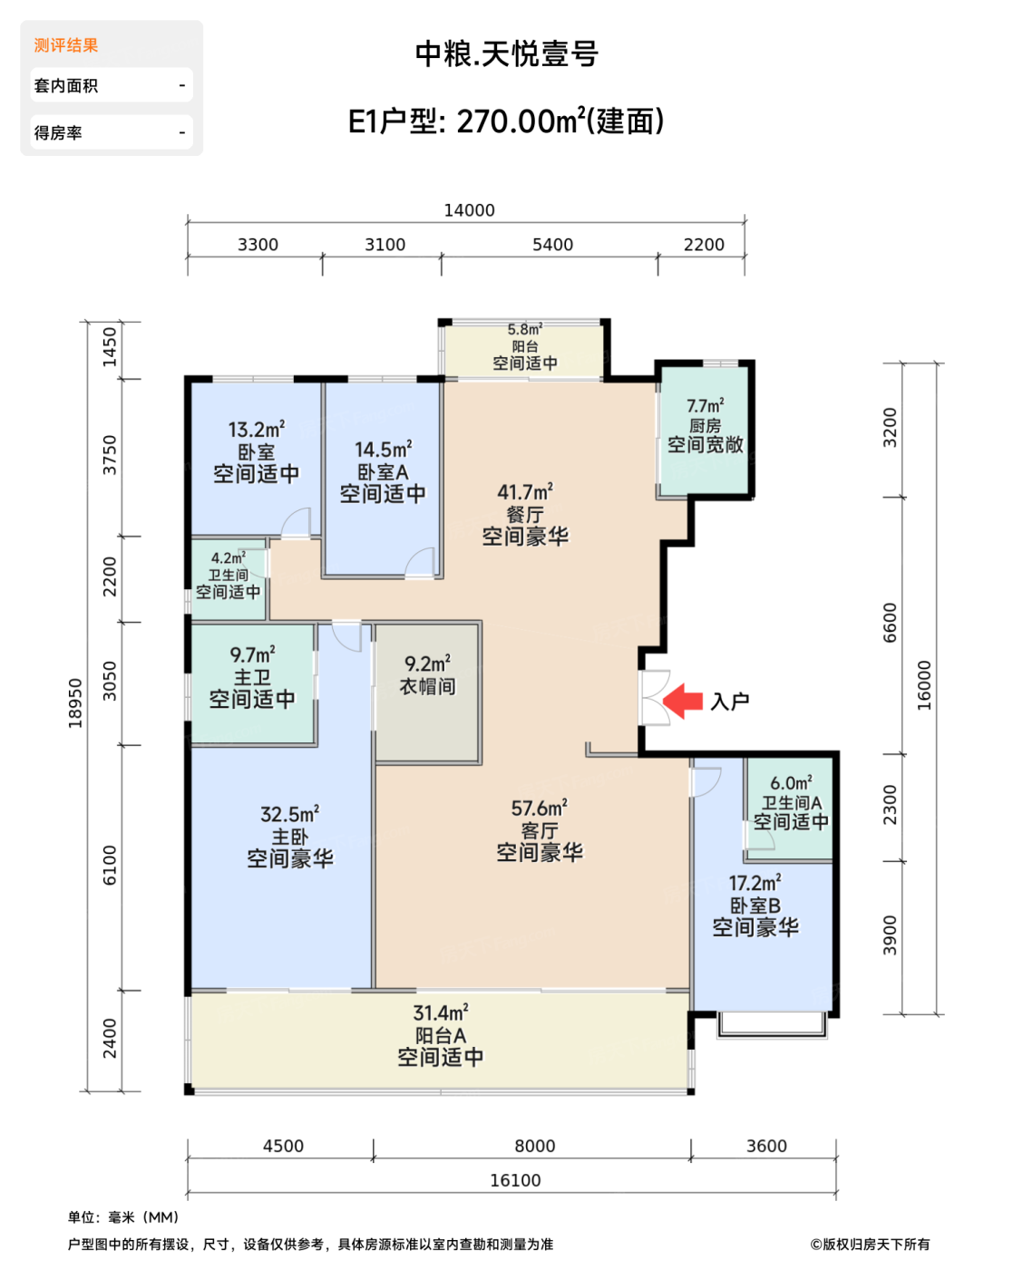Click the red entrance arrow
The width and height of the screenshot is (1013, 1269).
point(682,701)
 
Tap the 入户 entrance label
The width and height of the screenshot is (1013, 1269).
point(730,702)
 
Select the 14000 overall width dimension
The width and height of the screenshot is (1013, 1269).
point(469,210)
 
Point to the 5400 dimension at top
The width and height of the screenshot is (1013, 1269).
point(552,244)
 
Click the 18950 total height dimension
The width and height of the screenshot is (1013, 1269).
point(75,702)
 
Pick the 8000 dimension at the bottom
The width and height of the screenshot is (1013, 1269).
point(534,1145)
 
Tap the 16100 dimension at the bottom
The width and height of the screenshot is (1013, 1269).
point(515,1180)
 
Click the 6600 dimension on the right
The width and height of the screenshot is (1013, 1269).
point(889,623)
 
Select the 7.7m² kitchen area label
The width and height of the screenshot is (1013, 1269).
point(705,406)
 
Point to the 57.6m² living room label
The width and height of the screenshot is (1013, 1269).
point(540,808)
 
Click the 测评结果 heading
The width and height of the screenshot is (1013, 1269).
point(65,45)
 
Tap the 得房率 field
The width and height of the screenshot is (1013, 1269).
point(112,132)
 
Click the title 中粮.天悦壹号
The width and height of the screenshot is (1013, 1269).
point(507,53)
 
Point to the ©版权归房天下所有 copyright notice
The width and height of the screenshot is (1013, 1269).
point(870,1245)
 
